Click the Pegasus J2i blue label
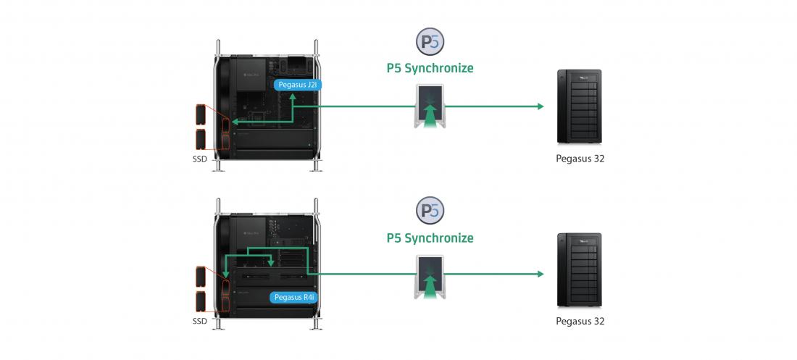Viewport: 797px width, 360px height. (x=297, y=85)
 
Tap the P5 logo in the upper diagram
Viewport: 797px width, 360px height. (x=430, y=42)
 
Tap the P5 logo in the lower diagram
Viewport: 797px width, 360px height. (x=430, y=210)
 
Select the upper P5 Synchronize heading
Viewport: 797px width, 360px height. (x=430, y=68)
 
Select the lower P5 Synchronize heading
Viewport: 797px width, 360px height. (x=430, y=238)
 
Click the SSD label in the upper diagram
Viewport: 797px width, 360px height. (x=200, y=159)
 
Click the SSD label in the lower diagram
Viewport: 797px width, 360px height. (x=200, y=322)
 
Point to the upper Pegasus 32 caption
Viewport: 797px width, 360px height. (x=580, y=159)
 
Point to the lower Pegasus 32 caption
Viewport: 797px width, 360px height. (x=580, y=322)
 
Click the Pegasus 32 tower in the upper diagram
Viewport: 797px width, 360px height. (x=580, y=106)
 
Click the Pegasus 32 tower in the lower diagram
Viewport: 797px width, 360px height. (x=580, y=269)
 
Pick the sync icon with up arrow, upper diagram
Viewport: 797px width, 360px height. (x=430, y=106)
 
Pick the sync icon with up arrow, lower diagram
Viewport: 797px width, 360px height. (x=430, y=277)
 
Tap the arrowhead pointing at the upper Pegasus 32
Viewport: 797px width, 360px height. (x=541, y=106)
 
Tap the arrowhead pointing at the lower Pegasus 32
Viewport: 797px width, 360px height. (x=541, y=274)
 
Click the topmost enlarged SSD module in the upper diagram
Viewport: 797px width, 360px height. (x=201, y=114)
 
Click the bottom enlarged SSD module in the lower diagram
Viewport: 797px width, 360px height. (x=201, y=301)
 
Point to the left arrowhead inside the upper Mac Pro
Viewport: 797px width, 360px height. (x=234, y=122)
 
